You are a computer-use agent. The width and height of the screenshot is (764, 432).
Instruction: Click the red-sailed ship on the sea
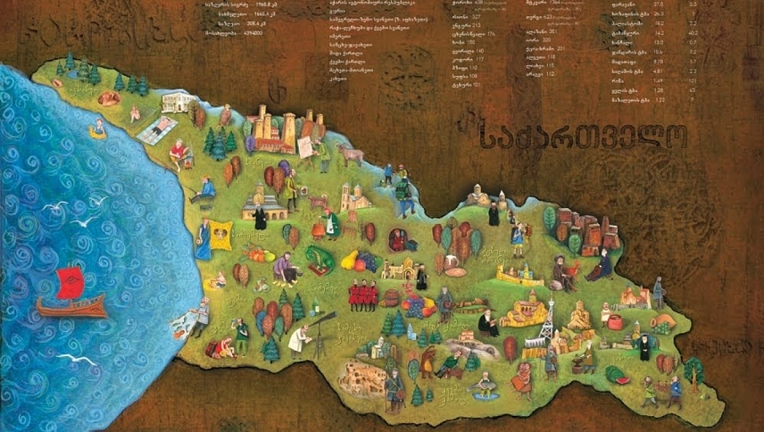coord(71,295)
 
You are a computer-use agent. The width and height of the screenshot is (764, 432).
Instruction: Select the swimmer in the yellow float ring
coord(97,129)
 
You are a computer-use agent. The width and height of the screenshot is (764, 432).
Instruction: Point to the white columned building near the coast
coord(177,102)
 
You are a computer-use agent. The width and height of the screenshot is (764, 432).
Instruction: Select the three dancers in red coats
coord(361,295)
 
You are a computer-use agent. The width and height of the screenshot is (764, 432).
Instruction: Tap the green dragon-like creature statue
coord(319,260)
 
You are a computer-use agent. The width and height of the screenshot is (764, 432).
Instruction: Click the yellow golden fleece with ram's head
coord(220,236)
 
